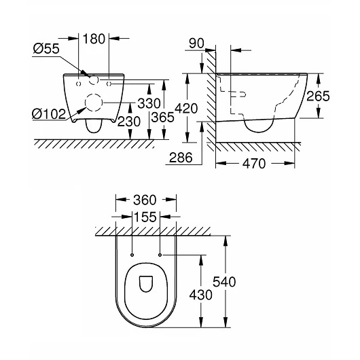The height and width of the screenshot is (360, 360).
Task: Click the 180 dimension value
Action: tap(94, 39)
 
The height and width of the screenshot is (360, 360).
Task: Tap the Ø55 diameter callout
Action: tap(46, 48)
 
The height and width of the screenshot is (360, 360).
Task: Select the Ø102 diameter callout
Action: tap(49, 114)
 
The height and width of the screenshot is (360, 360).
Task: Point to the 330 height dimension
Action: tap(149, 103)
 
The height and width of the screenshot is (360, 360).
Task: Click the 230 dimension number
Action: tap(129, 122)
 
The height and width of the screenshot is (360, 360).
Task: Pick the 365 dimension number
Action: tap(163, 118)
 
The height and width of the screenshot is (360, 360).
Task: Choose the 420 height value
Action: tap(186, 108)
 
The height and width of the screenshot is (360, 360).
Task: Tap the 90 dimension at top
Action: tap(196, 43)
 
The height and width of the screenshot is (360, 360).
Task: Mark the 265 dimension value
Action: tap(318, 96)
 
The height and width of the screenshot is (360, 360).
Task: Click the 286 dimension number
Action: tap(181, 158)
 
